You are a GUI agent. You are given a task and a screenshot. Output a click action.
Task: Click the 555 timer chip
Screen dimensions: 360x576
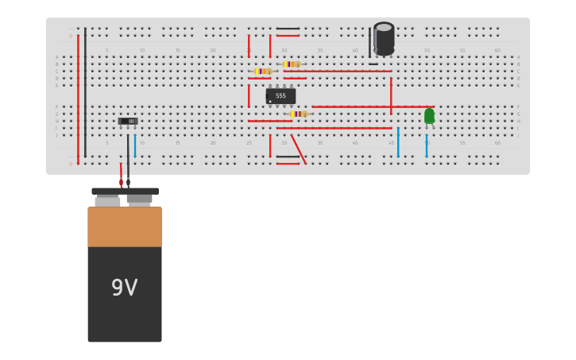click(280, 96)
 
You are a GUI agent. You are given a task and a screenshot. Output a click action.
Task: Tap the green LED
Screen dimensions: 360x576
click(429, 116)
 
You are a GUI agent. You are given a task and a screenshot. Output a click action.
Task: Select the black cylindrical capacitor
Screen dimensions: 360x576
click(384, 39)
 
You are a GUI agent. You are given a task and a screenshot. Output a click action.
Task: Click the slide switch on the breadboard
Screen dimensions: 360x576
click(128, 122)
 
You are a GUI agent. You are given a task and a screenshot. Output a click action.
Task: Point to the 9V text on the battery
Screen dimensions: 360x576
click(124, 288)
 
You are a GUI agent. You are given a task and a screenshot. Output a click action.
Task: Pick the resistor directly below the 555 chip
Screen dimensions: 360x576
click(299, 114)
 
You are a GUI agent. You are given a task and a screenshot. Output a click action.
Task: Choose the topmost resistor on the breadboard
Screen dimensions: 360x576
click(292, 64)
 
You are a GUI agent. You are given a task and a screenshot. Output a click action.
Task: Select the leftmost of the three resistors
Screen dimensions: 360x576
click(263, 71)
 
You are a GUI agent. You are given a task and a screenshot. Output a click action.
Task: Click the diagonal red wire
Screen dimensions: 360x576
click(298, 149)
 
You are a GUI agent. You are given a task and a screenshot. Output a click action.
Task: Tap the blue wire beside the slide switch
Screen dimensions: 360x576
click(135, 145)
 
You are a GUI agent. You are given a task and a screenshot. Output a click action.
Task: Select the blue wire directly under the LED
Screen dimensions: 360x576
click(427, 145)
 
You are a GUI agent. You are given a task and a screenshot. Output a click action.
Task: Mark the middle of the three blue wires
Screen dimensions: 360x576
click(398, 142)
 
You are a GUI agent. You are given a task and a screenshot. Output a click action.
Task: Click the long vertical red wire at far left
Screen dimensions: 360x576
click(78, 95)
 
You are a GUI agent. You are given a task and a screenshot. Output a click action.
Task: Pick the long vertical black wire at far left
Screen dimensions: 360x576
click(86, 91)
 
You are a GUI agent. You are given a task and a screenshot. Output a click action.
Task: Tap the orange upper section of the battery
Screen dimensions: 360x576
click(125, 226)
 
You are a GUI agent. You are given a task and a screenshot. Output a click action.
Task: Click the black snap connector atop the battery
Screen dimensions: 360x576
click(125, 192)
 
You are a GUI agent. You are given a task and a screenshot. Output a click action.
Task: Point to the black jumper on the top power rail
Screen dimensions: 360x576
click(288, 29)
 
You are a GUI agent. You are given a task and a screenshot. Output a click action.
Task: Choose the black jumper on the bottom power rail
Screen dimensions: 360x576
click(288, 157)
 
